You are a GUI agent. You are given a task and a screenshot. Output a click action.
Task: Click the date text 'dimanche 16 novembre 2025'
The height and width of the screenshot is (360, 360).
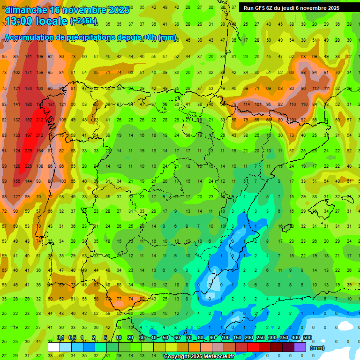pyautogui.click(x=67, y=10)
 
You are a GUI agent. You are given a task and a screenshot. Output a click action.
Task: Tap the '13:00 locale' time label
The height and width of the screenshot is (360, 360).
pyautogui.click(x=36, y=21)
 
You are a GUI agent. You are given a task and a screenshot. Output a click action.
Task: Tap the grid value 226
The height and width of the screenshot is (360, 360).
pyautogui.click(x=28, y=150)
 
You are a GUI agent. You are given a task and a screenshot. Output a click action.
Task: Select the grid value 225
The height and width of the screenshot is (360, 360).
pyautogui.click(x=28, y=166)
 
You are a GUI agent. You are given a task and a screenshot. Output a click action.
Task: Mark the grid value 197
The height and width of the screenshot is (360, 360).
pyautogui.click(x=28, y=135)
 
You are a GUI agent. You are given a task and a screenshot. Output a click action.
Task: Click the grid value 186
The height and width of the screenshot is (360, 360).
pyautogui.click(x=28, y=104)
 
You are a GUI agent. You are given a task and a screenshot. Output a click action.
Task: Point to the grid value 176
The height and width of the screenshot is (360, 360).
pyautogui.click(x=28, y=88)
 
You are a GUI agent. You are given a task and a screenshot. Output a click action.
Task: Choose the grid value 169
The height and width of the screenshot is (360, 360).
pyautogui.click(x=40, y=57)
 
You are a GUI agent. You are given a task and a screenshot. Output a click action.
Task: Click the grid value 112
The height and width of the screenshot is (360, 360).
pyautogui.click(x=315, y=88)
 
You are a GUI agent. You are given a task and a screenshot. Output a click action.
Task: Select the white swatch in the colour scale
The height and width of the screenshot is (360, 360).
pyautogui.click(x=54, y=347)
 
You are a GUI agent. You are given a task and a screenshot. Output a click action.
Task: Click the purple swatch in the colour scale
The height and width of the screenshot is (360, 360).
pyautogui.click(x=300, y=347)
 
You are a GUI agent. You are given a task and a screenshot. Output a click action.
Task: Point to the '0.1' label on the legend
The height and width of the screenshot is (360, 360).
pyautogui.click(x=60, y=338)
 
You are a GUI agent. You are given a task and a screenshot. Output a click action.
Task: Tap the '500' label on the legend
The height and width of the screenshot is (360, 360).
pyautogui.click(x=307, y=338)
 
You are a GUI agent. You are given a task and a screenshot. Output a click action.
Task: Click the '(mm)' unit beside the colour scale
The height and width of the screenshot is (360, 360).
pyautogui.click(x=317, y=348)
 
